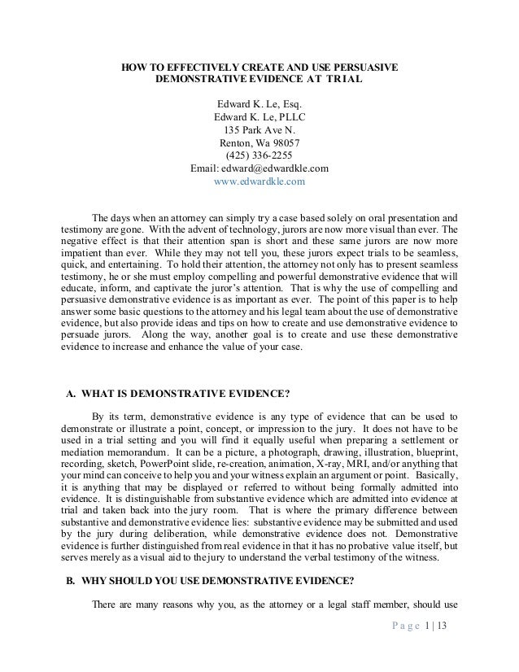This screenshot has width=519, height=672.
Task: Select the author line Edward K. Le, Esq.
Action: pos(259,104)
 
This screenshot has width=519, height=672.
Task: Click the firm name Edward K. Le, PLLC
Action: pos(259,117)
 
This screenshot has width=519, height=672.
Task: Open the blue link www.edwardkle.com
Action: pos(259,182)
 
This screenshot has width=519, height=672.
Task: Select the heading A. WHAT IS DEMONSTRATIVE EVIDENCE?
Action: pos(177,396)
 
